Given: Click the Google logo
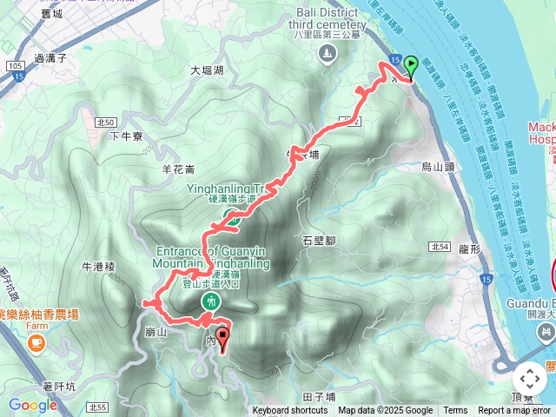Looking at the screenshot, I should pos(32,405).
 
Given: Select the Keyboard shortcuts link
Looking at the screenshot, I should pos(290,411).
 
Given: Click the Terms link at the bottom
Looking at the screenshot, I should pos(455,411).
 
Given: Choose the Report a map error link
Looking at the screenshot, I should pos(514,411).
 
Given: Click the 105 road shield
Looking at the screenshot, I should pos(15,66).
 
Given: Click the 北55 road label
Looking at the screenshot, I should pos(97,407).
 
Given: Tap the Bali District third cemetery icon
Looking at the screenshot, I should pos(326,56).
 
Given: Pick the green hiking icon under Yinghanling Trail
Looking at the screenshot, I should pos(233,218).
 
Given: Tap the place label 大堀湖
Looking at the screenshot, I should pos(207,71).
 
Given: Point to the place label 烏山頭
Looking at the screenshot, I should pos(438,165).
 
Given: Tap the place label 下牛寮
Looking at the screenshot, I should pos(127,136).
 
